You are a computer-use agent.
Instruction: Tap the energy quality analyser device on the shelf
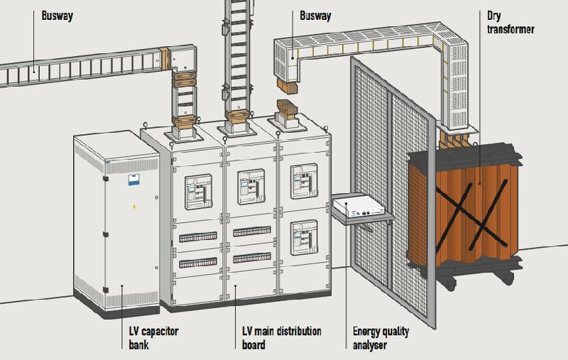pos(359,208)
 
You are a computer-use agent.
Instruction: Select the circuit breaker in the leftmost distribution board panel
pos(197,191)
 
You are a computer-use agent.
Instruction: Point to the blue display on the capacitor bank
pos(132,180)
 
